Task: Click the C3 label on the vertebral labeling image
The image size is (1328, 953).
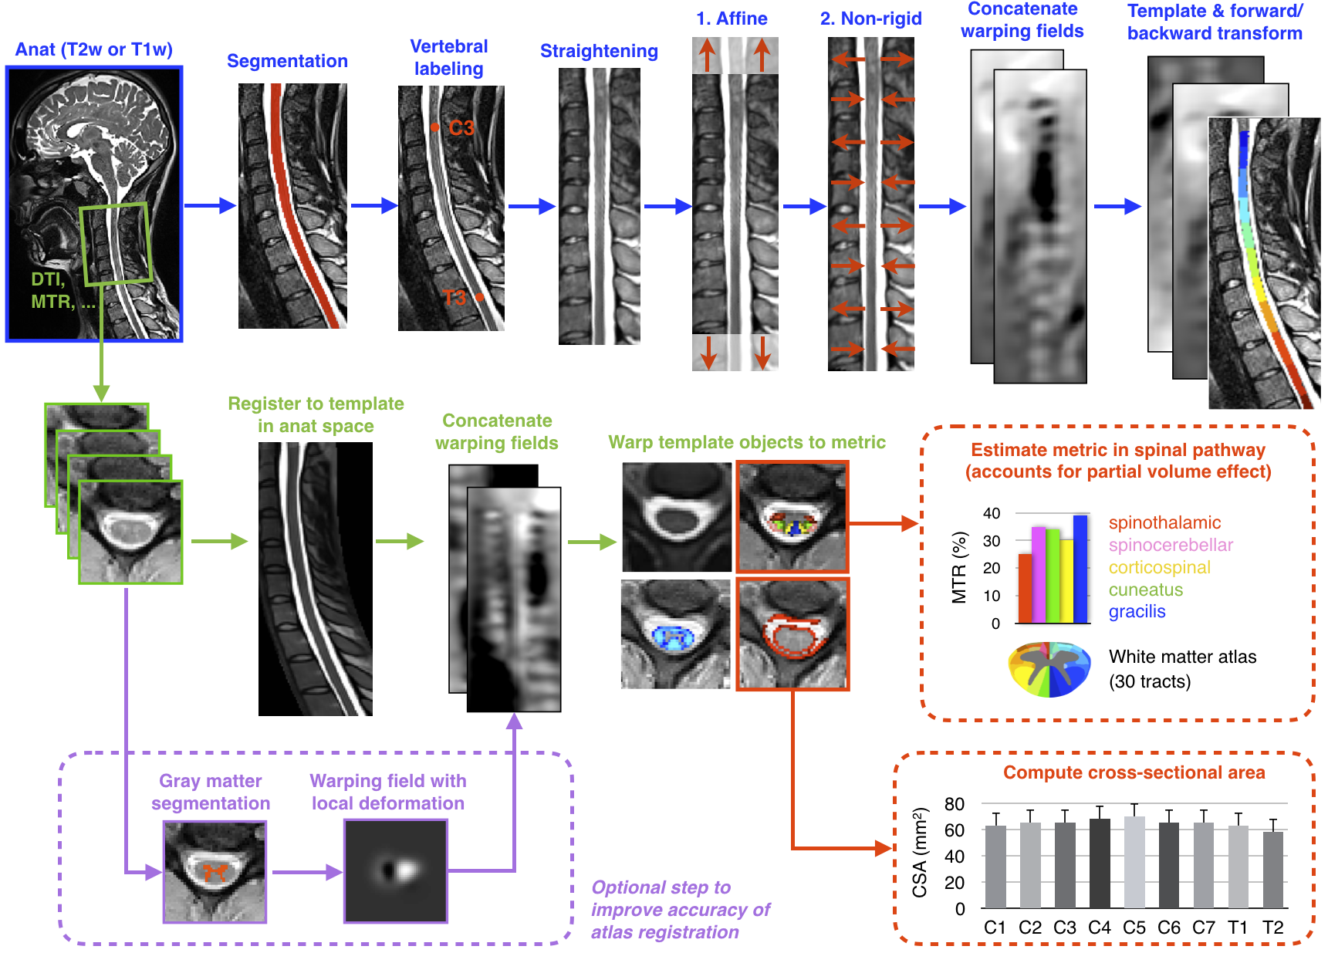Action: click(461, 128)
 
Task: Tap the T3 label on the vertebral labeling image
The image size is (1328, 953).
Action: click(454, 298)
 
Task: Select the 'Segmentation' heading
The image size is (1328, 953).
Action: click(287, 61)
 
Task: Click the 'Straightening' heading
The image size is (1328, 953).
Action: click(599, 51)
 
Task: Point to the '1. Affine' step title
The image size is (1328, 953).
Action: click(732, 19)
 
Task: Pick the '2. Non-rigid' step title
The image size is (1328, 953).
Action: click(870, 19)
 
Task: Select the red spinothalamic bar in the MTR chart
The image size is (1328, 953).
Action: click(1025, 588)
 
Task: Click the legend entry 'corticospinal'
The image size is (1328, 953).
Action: click(1159, 567)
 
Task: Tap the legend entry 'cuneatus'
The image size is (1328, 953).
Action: click(1145, 590)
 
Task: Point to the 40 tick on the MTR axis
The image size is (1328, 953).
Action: click(992, 513)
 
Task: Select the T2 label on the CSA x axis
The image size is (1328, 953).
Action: click(1272, 928)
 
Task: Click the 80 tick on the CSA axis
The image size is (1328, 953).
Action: click(955, 804)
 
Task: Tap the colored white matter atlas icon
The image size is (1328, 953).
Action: click(1049, 669)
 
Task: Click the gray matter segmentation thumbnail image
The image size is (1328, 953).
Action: click(215, 872)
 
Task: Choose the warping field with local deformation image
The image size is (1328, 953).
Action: click(395, 871)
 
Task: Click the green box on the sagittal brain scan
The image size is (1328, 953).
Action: click(115, 243)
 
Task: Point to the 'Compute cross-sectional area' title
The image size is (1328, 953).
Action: click(1134, 772)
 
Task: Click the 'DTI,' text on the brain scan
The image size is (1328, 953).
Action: click(48, 279)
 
